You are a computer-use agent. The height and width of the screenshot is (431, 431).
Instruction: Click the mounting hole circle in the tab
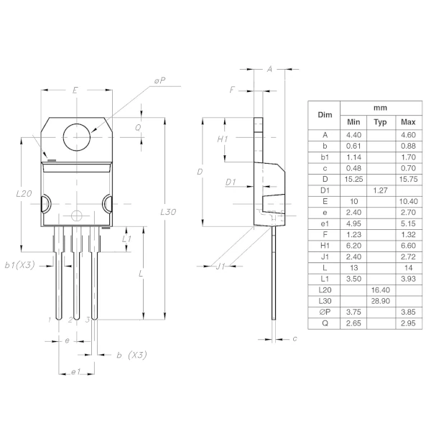tap(77, 136)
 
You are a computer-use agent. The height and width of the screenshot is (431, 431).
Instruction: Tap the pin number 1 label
tap(50, 319)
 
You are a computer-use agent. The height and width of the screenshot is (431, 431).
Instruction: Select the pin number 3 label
tap(87, 319)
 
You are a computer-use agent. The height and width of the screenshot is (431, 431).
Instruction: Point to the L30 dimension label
tap(169, 213)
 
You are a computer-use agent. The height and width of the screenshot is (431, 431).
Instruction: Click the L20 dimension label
tap(24, 194)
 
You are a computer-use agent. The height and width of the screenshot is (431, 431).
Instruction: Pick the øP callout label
tap(159, 82)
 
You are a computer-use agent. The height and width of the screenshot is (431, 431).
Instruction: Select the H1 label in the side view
tap(223, 139)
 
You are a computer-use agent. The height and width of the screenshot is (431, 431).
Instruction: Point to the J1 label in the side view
tap(222, 267)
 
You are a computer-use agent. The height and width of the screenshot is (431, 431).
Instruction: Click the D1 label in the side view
tap(231, 182)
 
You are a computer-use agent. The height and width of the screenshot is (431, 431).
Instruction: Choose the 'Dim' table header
tap(325, 115)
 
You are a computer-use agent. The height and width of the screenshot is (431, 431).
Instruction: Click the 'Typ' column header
tap(380, 122)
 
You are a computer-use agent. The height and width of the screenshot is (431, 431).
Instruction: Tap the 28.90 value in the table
tap(380, 300)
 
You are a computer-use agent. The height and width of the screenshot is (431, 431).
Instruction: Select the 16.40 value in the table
tap(380, 289)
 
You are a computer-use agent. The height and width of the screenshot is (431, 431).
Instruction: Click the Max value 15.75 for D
tap(409, 179)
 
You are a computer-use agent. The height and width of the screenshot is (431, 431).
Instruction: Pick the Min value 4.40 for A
tap(353, 134)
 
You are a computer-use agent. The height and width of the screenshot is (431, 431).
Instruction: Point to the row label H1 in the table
tap(325, 245)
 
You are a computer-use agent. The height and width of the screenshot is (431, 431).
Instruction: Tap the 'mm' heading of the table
tap(380, 108)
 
